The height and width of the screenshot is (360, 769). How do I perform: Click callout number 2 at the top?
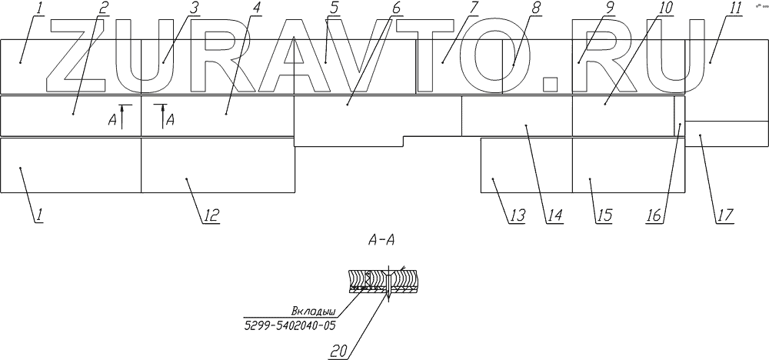pos(104,8)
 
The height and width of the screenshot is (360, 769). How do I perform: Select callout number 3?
pos(195,8)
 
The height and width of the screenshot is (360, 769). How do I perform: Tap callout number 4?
pos(256,8)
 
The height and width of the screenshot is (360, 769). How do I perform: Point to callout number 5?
pos(332,8)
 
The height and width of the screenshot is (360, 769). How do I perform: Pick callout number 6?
pos(395,8)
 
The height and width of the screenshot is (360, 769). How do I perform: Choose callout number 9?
pos(610,8)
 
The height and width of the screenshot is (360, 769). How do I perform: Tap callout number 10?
pos(666,8)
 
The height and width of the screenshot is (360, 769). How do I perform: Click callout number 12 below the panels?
pos(210,216)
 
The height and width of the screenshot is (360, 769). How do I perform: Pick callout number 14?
pos(552,216)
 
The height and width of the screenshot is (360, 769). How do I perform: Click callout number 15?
pos(604,216)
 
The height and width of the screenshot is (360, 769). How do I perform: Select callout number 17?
pos(724,216)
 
